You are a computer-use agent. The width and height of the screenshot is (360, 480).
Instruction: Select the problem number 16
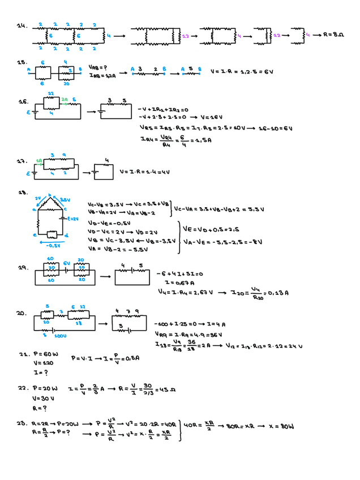pos(24,102)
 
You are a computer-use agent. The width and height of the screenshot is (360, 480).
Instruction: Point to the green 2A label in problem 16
pos(65,98)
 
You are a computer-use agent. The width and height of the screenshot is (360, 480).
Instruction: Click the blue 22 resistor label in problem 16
pos(50,93)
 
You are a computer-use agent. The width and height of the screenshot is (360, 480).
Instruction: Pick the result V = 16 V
pos(207,118)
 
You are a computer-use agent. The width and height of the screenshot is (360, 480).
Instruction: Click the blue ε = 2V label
pos(72,218)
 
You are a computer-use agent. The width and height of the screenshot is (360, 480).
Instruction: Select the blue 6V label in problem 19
pos(66,263)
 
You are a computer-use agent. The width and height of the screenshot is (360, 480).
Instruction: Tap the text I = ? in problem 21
pos(40,372)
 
